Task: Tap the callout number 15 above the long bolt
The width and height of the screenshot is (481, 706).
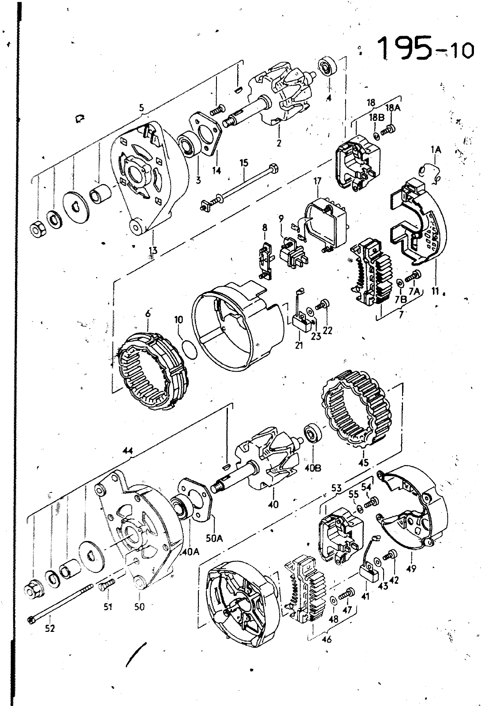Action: click(x=244, y=163)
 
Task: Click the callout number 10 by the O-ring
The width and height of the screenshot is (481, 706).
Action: click(x=179, y=320)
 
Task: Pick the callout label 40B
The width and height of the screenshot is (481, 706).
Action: click(x=313, y=468)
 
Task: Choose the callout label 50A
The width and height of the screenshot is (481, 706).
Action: click(x=214, y=538)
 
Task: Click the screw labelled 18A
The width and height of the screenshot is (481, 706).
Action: click(x=388, y=130)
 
